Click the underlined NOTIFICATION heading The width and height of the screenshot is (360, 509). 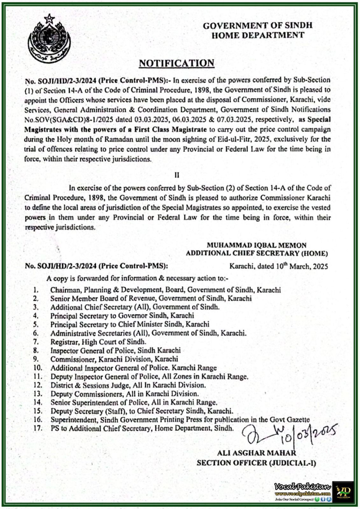[x=176, y=63]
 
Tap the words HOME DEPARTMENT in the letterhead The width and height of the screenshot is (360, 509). [x=258, y=35]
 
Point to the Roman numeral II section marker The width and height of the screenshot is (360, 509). [x=177, y=175]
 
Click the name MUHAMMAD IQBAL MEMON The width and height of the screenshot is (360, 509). [x=256, y=245]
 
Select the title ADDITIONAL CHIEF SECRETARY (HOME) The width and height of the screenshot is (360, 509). [x=257, y=253]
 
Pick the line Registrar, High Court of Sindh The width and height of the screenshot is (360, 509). [x=98, y=342]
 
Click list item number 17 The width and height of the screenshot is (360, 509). [x=38, y=428]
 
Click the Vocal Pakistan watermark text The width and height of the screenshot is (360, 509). [x=302, y=486]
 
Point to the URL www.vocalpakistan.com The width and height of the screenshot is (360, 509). [x=302, y=493]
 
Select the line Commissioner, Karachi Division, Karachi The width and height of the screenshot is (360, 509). [x=114, y=359]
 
